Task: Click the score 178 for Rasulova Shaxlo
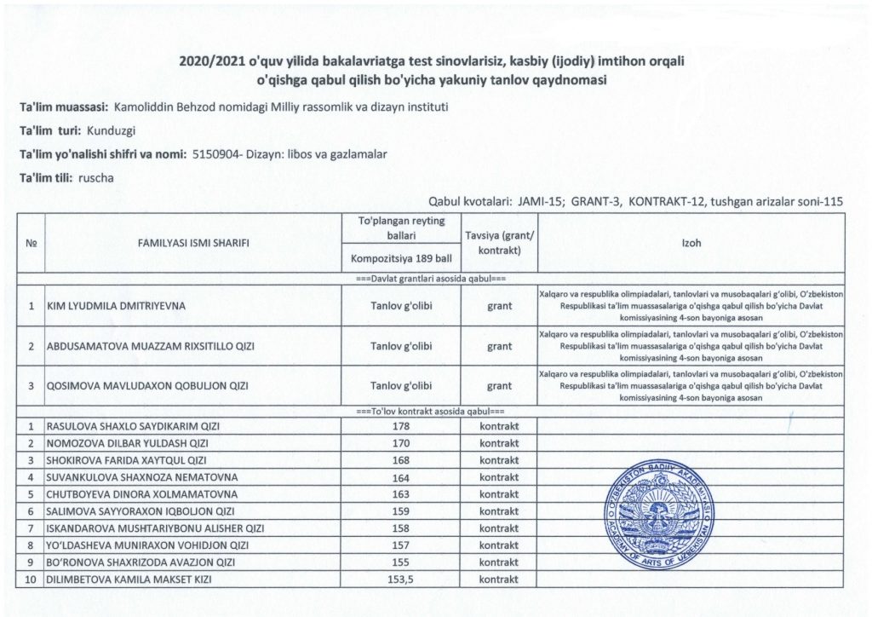401,426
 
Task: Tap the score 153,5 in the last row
401,580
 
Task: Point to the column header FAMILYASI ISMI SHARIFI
193,243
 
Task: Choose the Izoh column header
691,243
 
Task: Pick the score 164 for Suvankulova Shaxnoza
401,477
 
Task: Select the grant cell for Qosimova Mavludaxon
499,386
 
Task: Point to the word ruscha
95,179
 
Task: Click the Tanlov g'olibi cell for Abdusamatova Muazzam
401,346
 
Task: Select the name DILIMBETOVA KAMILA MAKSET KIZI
129,580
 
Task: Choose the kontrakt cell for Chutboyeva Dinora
499,494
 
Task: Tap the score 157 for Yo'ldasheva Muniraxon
401,545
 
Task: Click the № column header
31,243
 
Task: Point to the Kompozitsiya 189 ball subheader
401,258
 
